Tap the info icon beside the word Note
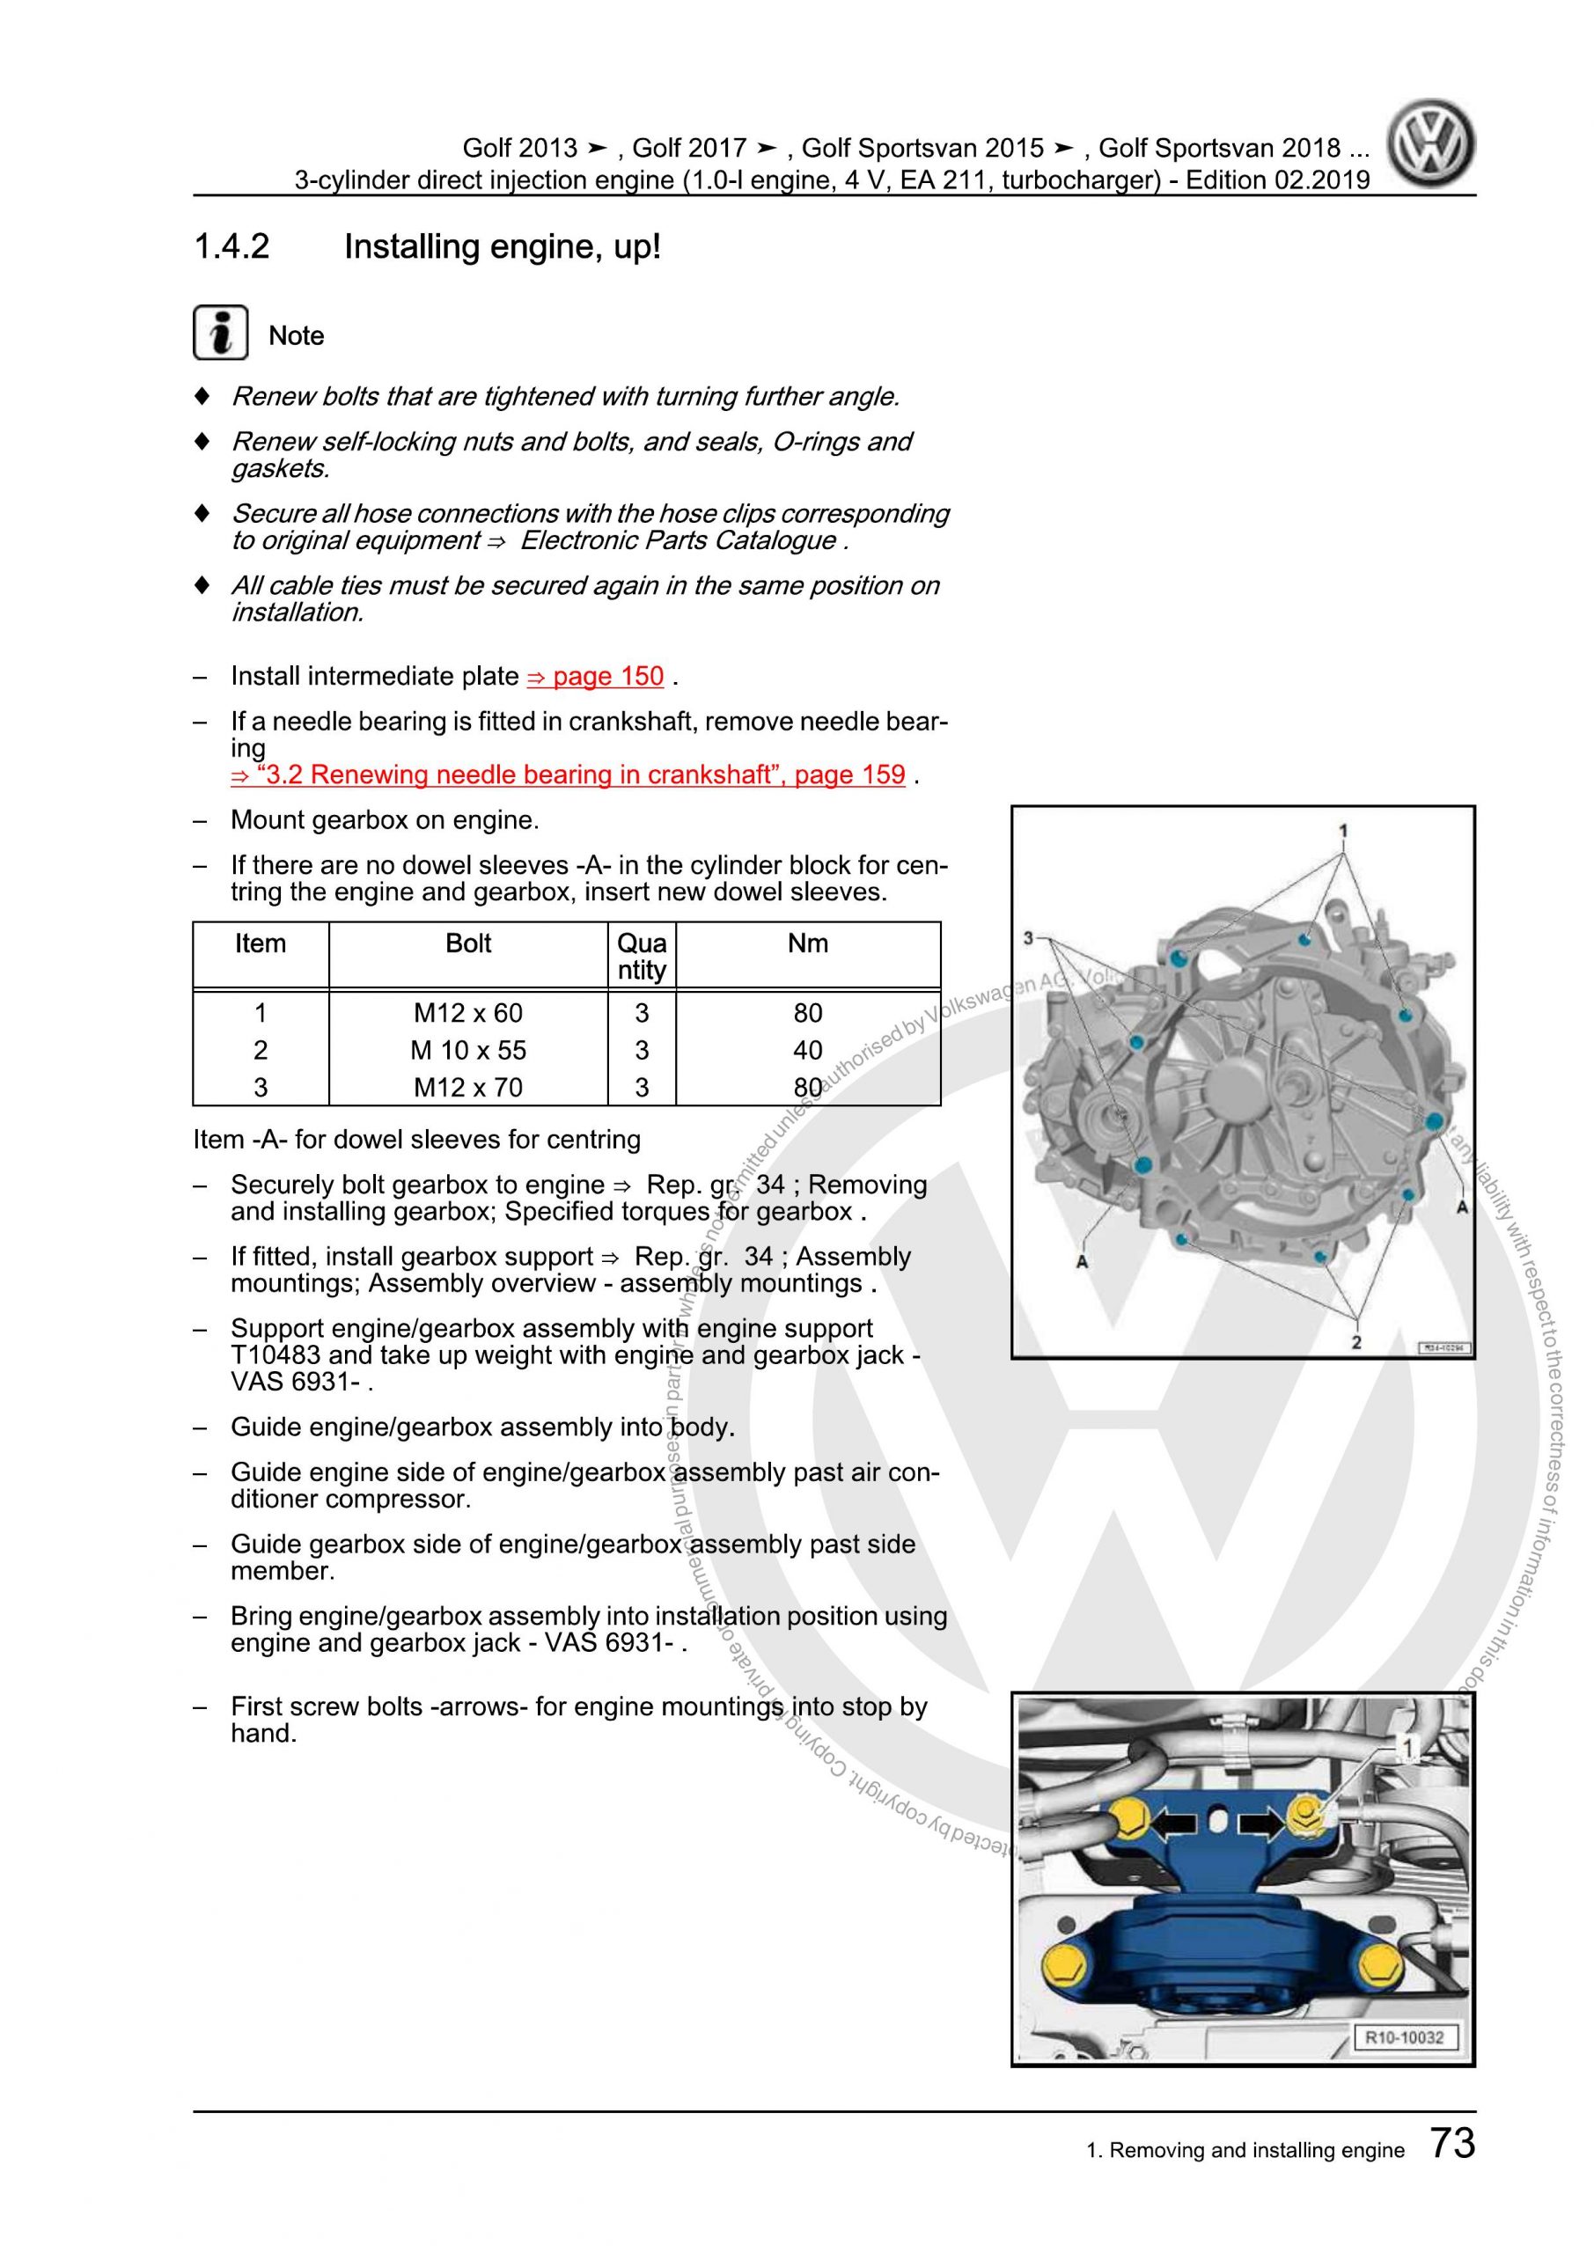point(220,334)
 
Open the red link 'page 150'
point(596,676)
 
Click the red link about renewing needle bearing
point(568,774)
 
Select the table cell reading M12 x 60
point(468,1013)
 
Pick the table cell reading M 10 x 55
point(468,1050)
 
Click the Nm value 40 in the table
point(807,1050)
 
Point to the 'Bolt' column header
point(468,944)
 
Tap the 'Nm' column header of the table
point(808,944)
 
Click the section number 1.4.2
point(231,247)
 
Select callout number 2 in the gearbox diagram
point(1356,1342)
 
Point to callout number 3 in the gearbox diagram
point(1028,937)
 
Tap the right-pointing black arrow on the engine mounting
point(1260,1824)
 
